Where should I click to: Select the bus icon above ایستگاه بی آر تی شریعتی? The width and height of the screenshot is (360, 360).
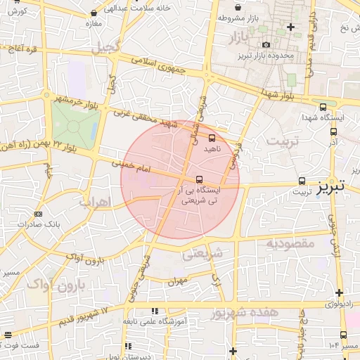tap(200, 179)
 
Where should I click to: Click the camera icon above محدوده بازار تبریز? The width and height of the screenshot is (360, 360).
tap(266, 45)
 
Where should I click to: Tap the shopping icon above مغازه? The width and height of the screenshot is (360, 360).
tap(94, 14)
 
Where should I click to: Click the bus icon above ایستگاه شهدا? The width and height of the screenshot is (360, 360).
tap(323, 108)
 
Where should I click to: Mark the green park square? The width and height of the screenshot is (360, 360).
tap(75, 122)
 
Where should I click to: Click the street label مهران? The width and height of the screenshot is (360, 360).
tap(175, 281)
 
